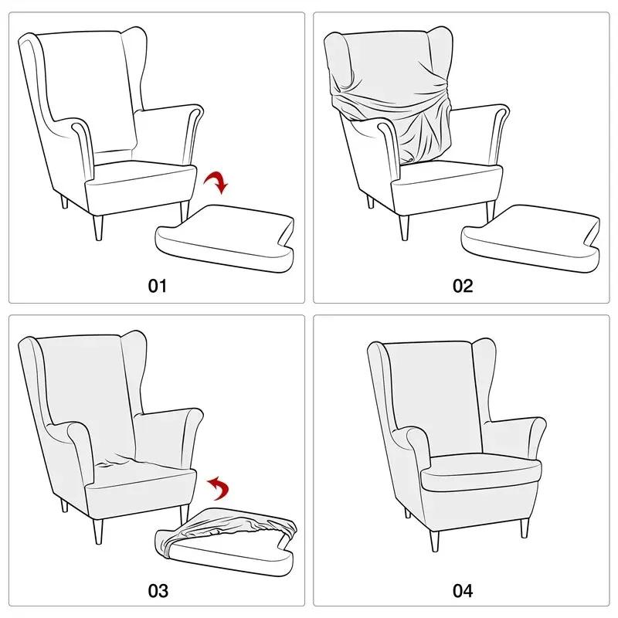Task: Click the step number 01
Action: click(x=157, y=286)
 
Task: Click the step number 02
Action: click(x=462, y=286)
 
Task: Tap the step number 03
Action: click(x=157, y=592)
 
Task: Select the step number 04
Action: click(x=462, y=592)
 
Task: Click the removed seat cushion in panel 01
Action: click(x=224, y=236)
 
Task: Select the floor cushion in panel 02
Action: click(x=529, y=236)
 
